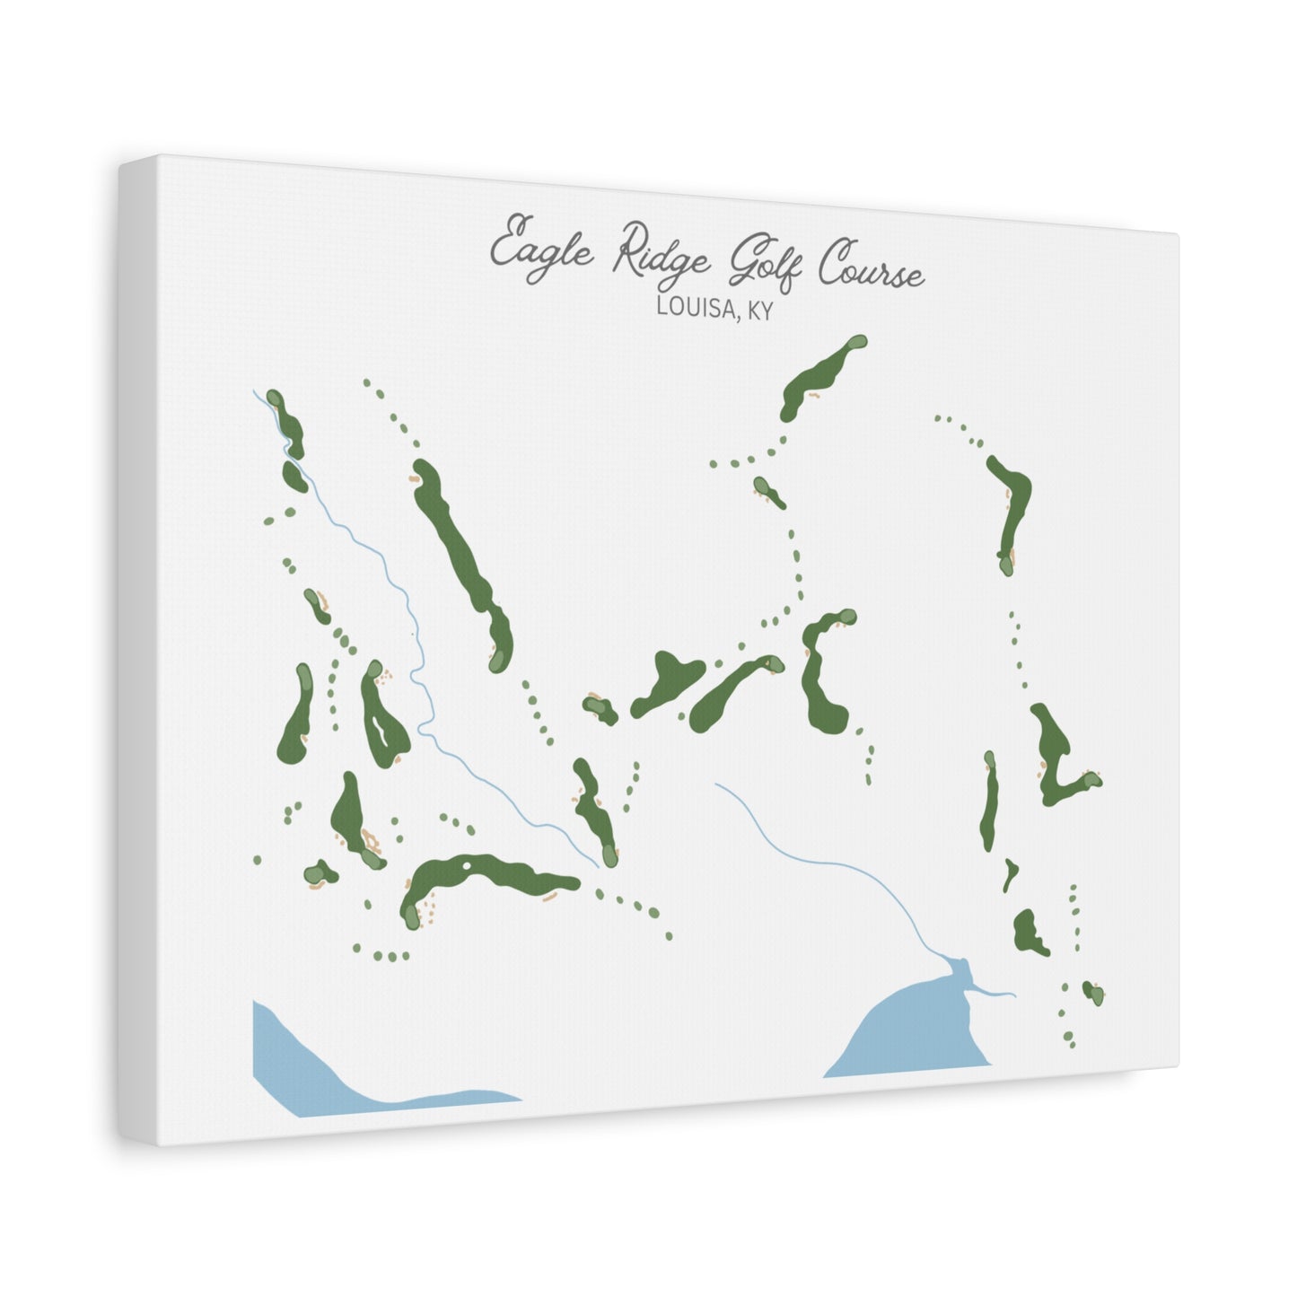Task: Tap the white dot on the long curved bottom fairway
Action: pyautogui.click(x=468, y=865)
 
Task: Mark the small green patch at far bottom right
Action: pyautogui.click(x=1092, y=992)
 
